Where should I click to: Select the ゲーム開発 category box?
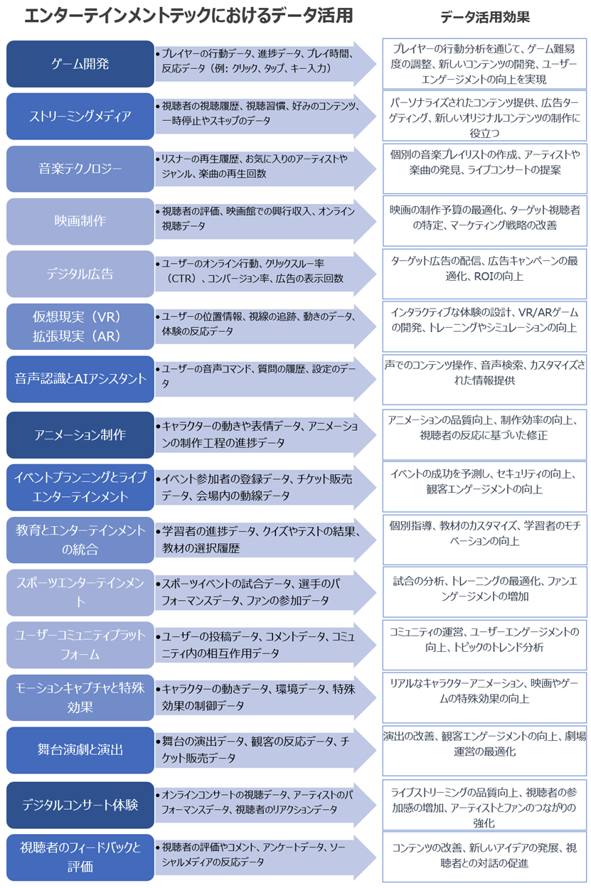tap(80, 64)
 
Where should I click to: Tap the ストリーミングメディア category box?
tap(80, 116)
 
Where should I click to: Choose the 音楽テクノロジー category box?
tap(80, 168)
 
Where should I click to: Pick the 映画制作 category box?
tap(80, 221)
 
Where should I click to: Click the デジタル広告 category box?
tap(80, 274)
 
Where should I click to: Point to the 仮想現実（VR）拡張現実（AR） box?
tap(80, 326)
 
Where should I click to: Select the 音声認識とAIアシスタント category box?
tap(80, 379)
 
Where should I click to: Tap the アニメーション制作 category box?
tap(80, 434)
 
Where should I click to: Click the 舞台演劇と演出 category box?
tap(80, 750)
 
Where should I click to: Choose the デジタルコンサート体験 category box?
tap(80, 806)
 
